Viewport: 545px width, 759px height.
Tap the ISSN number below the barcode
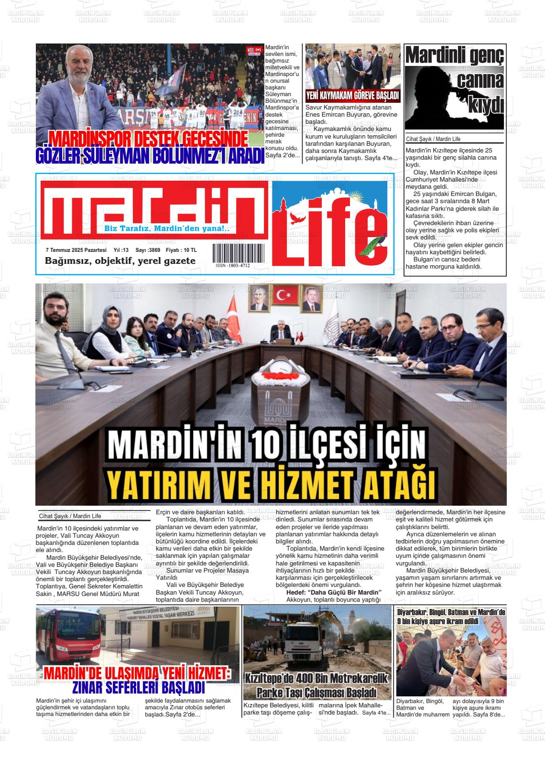(x=232, y=265)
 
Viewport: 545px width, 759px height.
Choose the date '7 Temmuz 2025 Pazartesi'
(x=76, y=250)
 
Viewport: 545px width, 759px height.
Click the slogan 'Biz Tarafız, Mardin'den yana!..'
(x=167, y=229)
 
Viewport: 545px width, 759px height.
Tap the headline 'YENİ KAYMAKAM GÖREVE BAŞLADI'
(x=353, y=96)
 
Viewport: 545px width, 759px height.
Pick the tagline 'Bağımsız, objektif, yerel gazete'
(x=120, y=261)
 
